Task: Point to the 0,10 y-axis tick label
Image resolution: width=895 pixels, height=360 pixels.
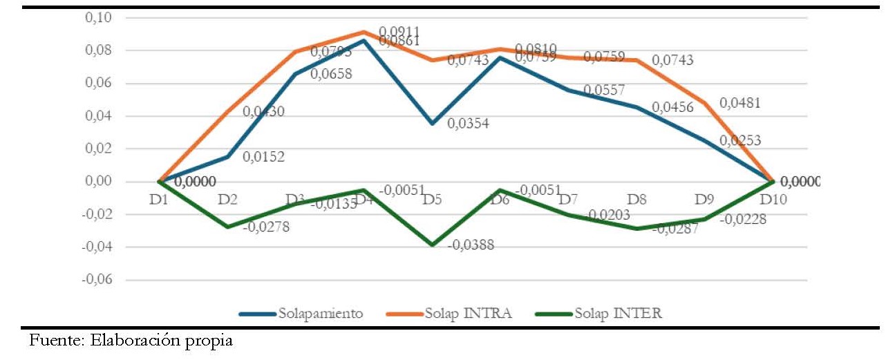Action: pos(100,17)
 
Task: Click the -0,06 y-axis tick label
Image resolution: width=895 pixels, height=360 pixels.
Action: pos(97,281)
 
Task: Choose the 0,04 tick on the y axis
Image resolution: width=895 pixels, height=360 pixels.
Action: pos(100,116)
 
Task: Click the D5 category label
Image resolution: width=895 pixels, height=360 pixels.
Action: pos(433,200)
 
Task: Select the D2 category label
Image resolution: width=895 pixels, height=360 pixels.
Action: pos(228,200)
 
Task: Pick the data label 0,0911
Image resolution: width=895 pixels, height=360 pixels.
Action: pos(402,32)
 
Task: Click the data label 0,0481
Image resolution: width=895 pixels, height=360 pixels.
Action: pos(740,103)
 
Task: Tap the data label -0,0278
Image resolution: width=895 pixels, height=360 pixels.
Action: pos(266,226)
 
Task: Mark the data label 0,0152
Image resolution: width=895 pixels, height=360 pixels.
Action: pos(263,156)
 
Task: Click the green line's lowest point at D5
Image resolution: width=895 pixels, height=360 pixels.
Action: pos(433,245)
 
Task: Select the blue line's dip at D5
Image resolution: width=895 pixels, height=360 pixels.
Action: pos(433,123)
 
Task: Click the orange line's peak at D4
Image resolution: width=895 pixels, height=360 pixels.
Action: pos(364,32)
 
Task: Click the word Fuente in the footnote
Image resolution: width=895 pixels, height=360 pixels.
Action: pos(50,341)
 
